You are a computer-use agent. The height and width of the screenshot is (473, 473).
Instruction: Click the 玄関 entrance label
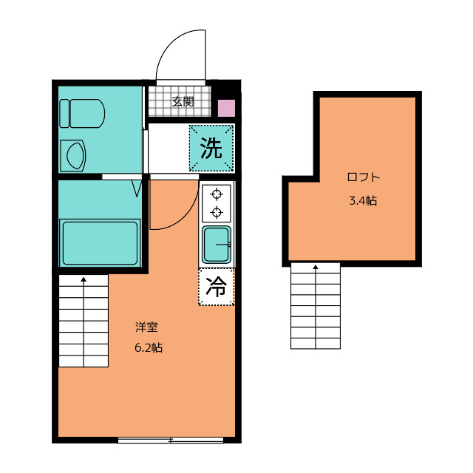183,102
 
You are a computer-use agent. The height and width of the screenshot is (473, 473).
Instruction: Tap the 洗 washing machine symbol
211,148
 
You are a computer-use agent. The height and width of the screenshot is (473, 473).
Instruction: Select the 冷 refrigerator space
217,287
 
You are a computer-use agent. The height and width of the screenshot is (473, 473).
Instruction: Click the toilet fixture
82,113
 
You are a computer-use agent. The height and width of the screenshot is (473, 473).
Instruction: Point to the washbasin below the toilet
73,156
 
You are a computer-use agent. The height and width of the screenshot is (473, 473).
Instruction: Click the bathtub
101,243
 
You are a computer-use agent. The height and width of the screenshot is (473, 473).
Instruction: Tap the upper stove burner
217,194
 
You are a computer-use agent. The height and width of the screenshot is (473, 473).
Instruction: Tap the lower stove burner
217,212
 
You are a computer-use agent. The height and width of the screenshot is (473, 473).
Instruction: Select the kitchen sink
217,245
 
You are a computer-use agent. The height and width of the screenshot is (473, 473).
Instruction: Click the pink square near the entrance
226,109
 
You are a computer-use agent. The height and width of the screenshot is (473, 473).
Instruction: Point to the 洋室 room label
146,327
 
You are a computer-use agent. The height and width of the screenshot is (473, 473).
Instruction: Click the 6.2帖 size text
149,348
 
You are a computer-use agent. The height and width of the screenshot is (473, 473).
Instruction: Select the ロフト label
363,177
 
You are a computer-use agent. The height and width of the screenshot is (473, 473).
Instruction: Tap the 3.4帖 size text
363,200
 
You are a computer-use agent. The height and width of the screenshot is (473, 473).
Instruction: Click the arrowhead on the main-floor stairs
84,279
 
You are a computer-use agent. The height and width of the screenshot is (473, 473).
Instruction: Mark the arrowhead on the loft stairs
316,267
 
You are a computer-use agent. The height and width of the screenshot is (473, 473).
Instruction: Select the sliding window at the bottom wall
171,440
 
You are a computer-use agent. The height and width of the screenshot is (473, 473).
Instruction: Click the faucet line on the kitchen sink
223,245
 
